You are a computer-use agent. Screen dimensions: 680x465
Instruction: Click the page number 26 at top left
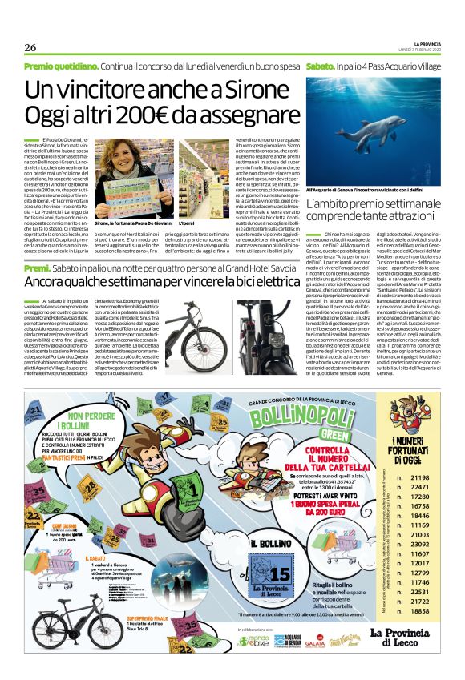31,47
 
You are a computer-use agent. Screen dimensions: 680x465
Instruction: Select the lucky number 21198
419,477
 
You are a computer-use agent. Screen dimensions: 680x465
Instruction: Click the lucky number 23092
419,544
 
